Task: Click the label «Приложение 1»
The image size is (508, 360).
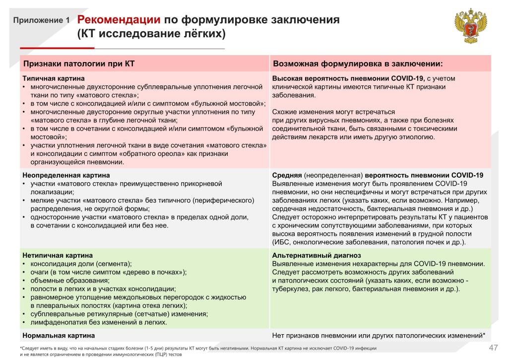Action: (41, 21)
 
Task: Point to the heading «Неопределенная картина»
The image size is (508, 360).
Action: (66, 175)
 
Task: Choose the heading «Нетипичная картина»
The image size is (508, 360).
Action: (58, 255)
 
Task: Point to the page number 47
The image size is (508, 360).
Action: (493, 347)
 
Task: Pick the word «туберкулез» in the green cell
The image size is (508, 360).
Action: (289, 288)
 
